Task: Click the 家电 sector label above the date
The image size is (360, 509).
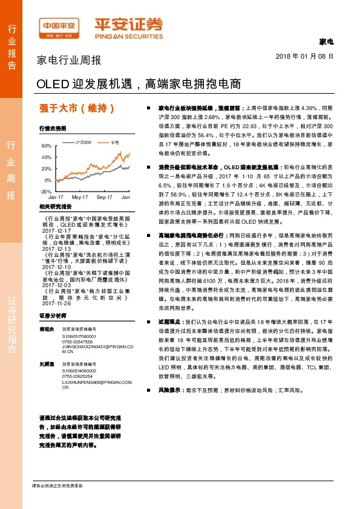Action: tap(326, 42)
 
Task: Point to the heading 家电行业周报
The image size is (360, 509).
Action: tap(69, 60)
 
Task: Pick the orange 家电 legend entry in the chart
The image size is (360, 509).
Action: tap(114, 142)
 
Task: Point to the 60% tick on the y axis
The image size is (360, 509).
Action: tap(46, 146)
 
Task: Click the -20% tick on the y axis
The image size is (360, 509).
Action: tap(45, 191)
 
